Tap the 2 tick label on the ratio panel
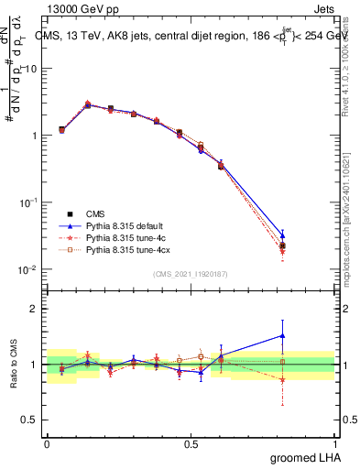[x=34, y=309]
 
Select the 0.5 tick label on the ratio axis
[x=30, y=420]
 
